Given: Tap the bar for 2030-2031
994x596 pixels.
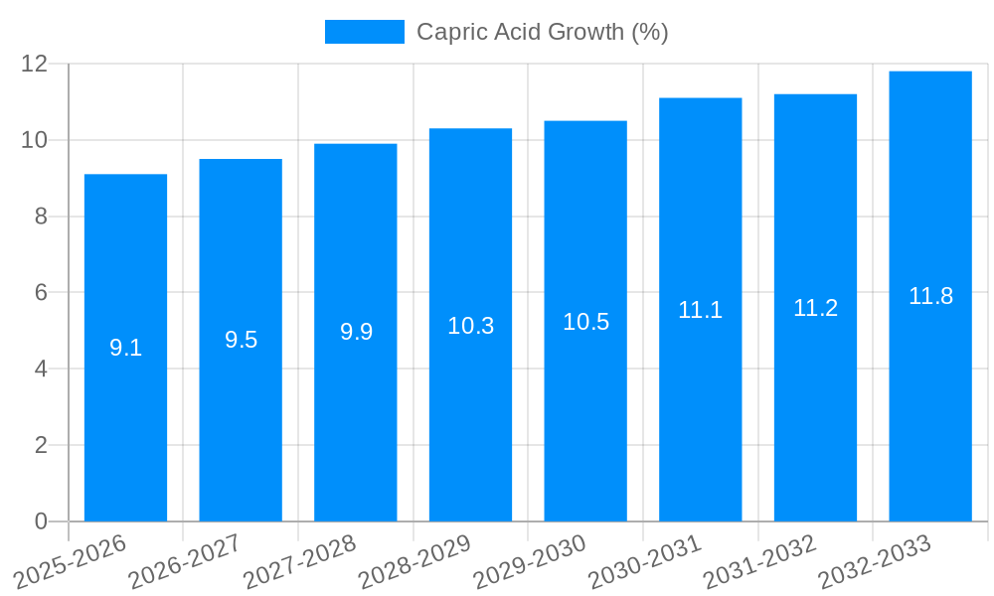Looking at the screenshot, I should click(x=701, y=417).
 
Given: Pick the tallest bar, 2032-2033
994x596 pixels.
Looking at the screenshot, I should click(x=930, y=417).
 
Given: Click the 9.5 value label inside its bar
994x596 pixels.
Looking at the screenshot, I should click(x=241, y=340).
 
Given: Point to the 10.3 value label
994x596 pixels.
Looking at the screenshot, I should click(x=471, y=326).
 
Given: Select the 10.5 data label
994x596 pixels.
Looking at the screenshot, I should click(x=586, y=322).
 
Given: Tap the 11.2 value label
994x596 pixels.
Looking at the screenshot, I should click(x=816, y=308).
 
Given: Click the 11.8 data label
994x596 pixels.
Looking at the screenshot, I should click(x=931, y=296).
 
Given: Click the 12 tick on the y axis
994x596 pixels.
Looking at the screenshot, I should click(x=35, y=64).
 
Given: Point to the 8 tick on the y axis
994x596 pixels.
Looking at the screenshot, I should click(x=41, y=217).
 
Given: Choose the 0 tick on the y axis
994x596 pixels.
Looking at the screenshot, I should click(x=41, y=521).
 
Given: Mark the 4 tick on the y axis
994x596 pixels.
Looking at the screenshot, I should click(x=41, y=369).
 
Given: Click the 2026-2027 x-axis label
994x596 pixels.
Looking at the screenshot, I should click(x=185, y=561).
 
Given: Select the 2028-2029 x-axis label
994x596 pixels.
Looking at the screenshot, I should click(x=414, y=561).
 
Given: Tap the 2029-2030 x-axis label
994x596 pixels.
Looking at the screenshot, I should click(x=530, y=561).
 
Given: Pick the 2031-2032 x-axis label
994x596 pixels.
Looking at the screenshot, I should click(x=759, y=561).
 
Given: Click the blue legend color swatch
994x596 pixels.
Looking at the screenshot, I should click(x=365, y=32).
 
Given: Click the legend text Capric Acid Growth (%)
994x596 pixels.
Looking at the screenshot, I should click(x=542, y=32).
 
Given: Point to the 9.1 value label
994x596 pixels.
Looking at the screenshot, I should click(x=126, y=348).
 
